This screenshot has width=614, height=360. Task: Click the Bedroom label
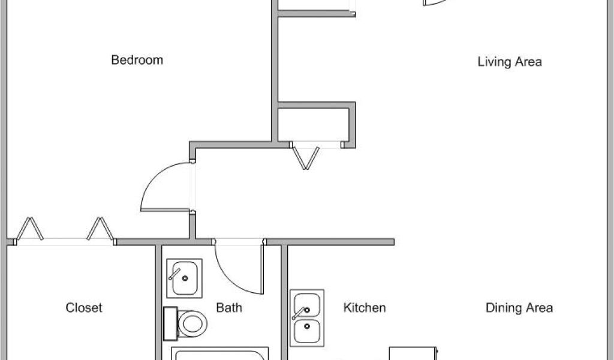pyautogui.click(x=137, y=60)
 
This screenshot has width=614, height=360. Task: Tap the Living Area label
pyautogui.click(x=510, y=62)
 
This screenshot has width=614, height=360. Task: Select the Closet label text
pyautogui.click(x=83, y=308)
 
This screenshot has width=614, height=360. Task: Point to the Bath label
pyautogui.click(x=229, y=308)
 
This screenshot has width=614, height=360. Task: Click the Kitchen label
pyautogui.click(x=364, y=308)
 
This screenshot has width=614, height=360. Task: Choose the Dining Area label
pyautogui.click(x=519, y=308)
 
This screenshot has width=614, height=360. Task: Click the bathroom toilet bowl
pyautogui.click(x=193, y=325)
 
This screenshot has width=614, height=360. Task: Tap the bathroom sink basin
pyautogui.click(x=184, y=277)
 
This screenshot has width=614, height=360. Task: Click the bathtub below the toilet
pyautogui.click(x=219, y=354)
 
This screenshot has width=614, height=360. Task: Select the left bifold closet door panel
pyautogui.click(x=31, y=229)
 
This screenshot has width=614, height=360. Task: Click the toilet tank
pyautogui.click(x=170, y=324)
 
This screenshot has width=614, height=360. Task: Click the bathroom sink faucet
pyautogui.click(x=176, y=274)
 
